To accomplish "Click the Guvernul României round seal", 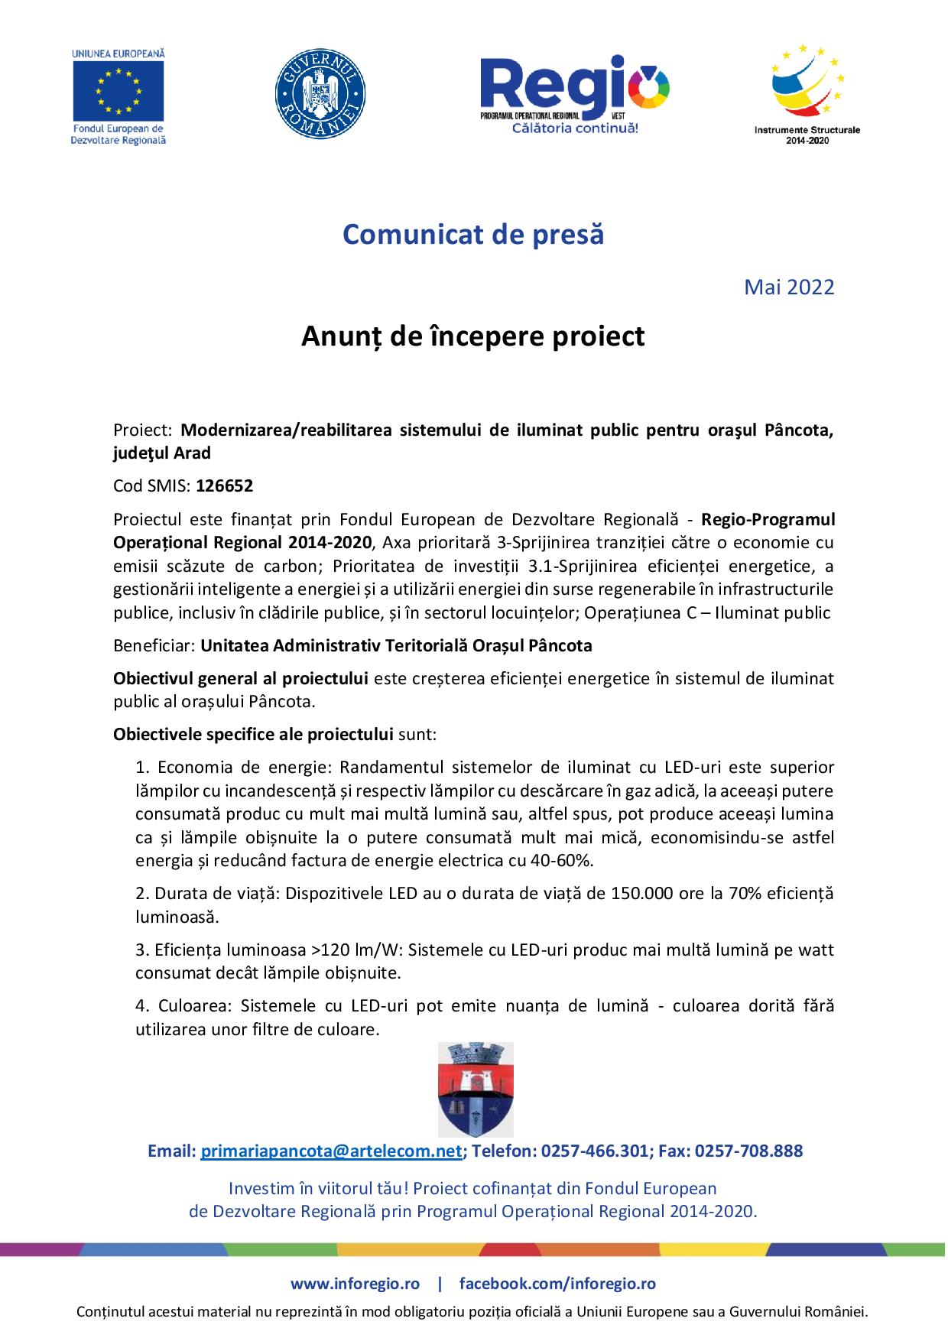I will [320, 94].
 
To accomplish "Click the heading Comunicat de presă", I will [473, 234].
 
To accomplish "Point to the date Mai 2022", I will [789, 287].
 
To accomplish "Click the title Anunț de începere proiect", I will [473, 336].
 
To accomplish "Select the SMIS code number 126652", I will [225, 485].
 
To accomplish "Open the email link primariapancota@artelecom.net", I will [331, 1151].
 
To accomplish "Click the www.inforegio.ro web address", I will [355, 1284].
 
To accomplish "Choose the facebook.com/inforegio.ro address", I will [557, 1284].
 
